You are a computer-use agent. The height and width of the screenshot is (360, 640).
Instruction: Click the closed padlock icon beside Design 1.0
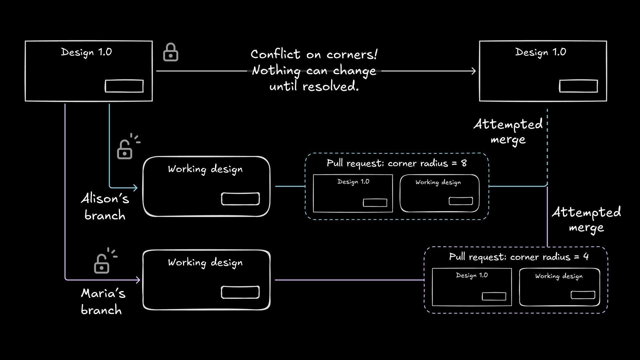170,52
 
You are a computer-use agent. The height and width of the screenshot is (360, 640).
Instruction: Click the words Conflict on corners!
314,54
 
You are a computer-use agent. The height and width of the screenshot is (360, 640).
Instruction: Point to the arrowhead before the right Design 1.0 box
473,71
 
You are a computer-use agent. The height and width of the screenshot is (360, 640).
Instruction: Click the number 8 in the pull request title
464,163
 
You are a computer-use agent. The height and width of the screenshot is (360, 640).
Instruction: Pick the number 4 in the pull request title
586,257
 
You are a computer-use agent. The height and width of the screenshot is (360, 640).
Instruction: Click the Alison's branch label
105,207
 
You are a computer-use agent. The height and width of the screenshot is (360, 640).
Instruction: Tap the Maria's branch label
103,302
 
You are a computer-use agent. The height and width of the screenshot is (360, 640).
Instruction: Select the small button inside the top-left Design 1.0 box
124,86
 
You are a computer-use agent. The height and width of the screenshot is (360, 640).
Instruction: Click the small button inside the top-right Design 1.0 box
578,86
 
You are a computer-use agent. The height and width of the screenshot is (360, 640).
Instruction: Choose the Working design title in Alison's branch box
205,169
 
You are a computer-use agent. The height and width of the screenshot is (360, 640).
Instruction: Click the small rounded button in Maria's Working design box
240,292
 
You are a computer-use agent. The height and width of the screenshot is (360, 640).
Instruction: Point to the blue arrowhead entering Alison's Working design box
135,188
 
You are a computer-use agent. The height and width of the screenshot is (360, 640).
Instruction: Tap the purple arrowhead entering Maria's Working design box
137,280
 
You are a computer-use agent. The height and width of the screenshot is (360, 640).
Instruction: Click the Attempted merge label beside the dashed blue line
508,132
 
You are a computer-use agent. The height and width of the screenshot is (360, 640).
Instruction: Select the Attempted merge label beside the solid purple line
586,220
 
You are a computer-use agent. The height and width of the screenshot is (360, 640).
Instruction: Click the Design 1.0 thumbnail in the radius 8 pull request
353,193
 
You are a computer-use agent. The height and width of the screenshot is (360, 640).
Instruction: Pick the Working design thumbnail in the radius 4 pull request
559,287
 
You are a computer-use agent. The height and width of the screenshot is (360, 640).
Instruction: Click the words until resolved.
314,86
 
